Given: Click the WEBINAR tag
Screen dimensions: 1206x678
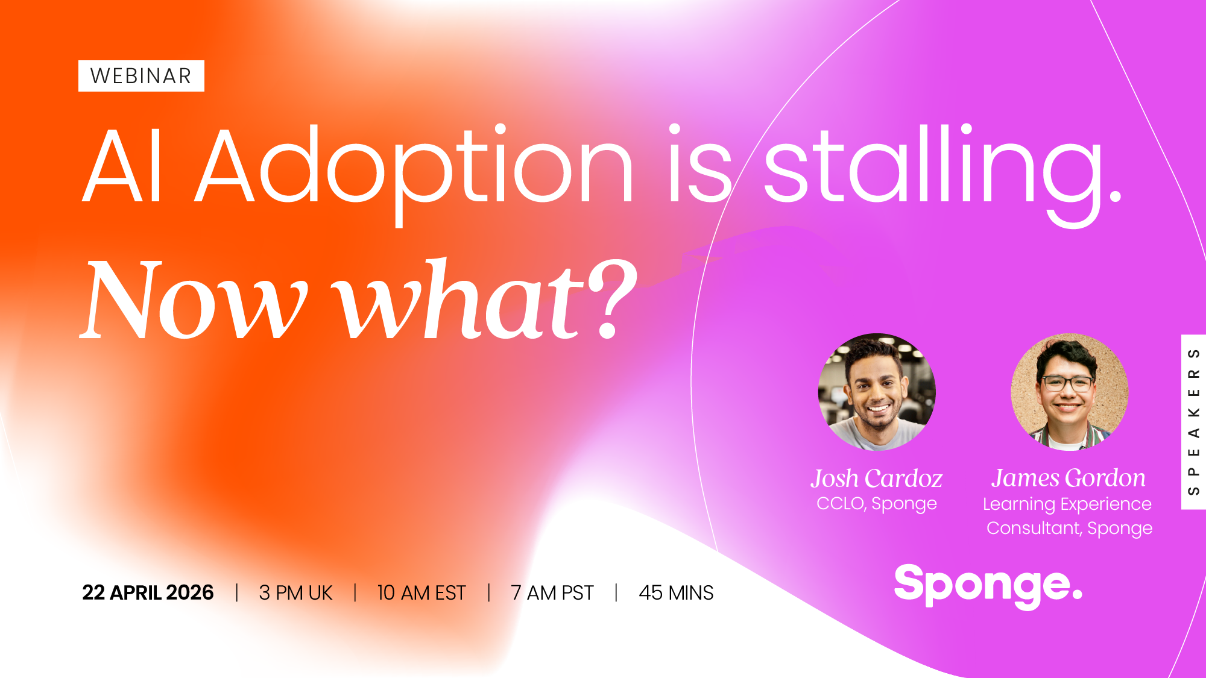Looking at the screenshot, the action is (x=141, y=76).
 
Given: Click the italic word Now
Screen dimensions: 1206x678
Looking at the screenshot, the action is (x=194, y=299).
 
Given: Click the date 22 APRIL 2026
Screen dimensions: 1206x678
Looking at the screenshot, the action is (x=148, y=592).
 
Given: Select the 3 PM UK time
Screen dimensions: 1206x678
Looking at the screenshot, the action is (x=295, y=592).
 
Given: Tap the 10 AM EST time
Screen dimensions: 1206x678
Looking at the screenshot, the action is (x=421, y=592).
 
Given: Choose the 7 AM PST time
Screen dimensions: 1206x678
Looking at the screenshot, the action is (x=552, y=592).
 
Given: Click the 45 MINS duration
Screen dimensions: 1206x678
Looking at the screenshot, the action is (x=676, y=592).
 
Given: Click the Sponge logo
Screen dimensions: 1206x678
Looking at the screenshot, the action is (x=988, y=586).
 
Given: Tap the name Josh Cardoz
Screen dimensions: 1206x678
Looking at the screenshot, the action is (x=876, y=479).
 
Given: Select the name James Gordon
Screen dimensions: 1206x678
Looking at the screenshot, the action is (x=1069, y=478).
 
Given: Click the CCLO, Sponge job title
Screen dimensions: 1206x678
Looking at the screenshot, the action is (x=877, y=503).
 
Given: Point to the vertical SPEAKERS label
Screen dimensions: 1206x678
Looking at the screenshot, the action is (x=1193, y=422).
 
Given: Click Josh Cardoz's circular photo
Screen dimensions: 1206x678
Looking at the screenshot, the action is (x=877, y=392).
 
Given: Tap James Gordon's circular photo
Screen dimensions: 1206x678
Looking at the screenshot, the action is (x=1070, y=392).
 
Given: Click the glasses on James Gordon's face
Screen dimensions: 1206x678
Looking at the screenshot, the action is (x=1067, y=383).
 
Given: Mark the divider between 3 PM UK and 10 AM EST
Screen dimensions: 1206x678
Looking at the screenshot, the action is (x=355, y=592).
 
